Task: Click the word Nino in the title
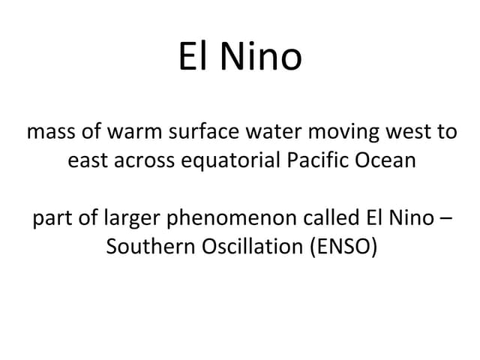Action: coord(262,57)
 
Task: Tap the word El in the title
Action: coord(194,57)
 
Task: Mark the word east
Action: coord(85,160)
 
